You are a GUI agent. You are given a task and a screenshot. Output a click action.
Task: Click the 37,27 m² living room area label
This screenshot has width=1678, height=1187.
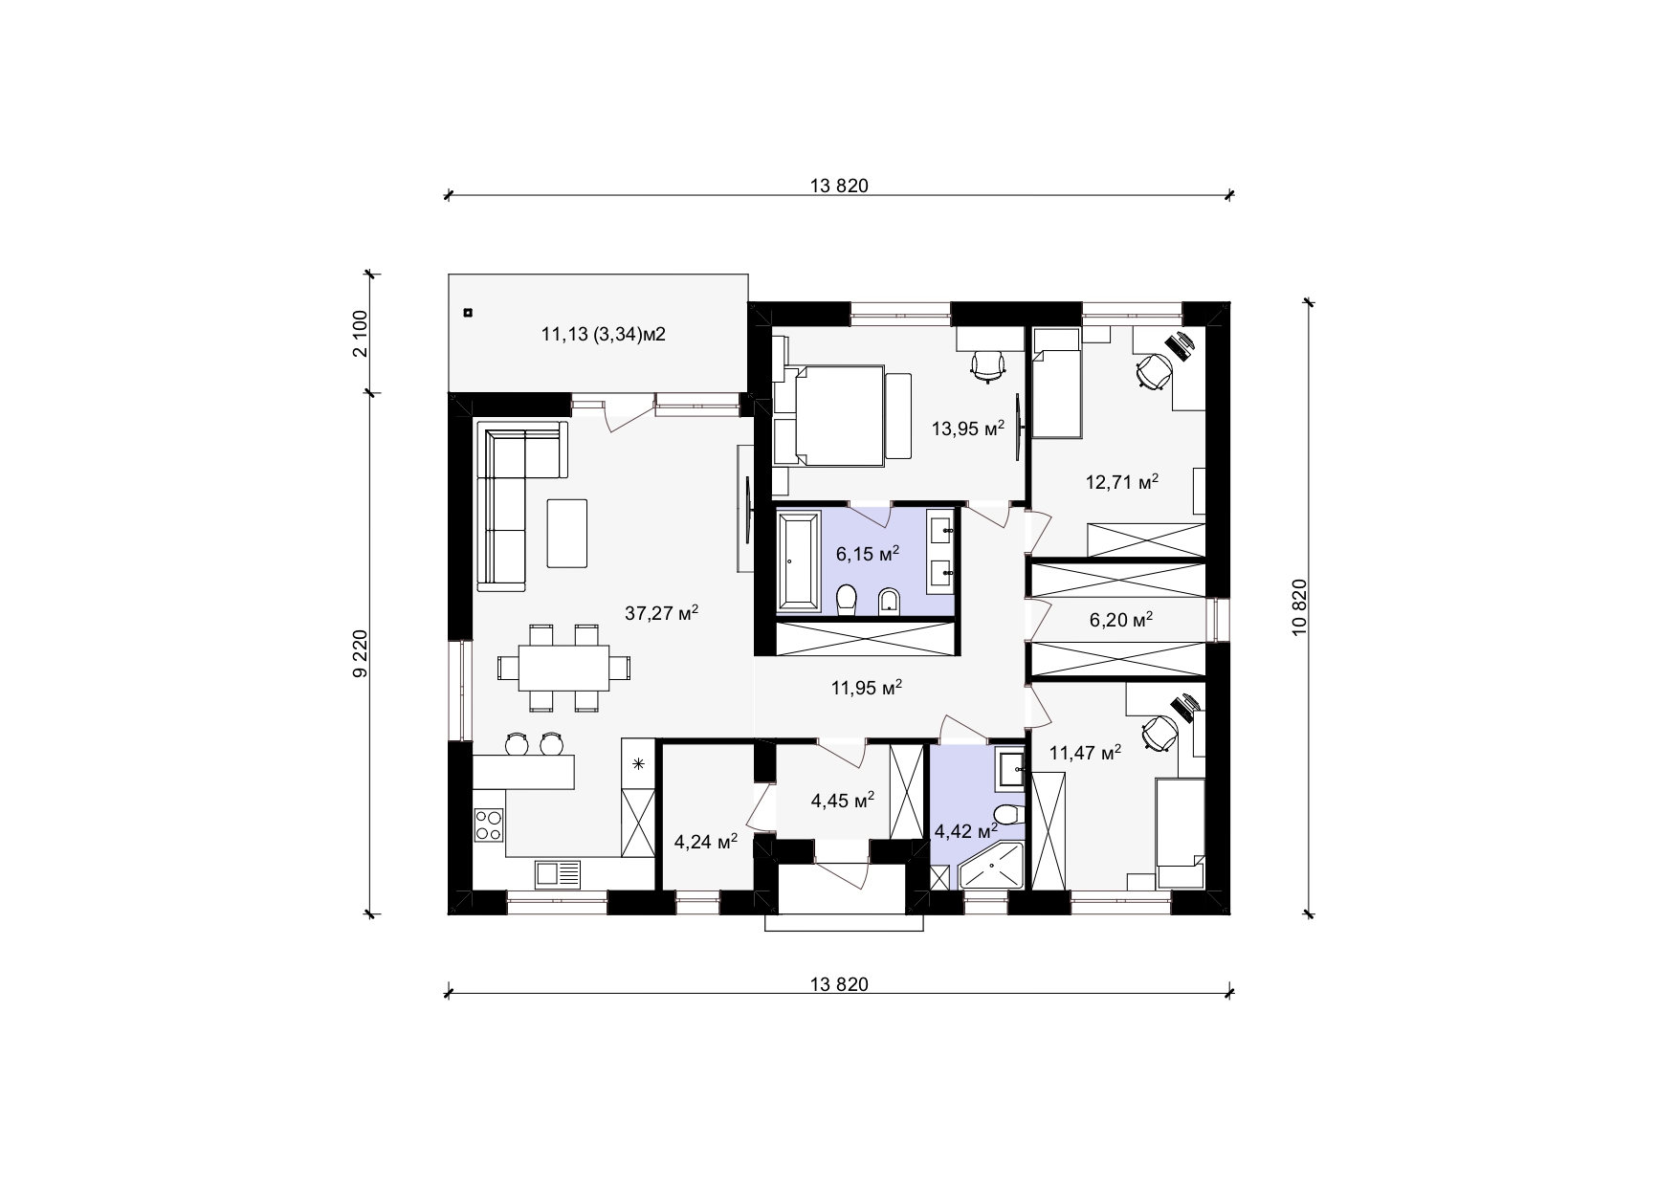coord(661,613)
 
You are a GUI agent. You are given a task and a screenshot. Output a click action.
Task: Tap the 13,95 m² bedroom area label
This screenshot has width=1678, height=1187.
coord(968,428)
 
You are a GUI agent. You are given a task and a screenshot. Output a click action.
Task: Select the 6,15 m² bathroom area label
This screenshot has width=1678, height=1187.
coord(868,554)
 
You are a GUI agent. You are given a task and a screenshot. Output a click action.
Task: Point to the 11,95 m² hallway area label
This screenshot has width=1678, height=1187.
coord(868,687)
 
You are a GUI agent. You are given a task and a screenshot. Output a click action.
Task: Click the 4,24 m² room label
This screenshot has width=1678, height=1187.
coord(706,842)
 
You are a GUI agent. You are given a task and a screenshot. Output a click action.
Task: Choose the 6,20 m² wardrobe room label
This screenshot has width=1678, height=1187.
coord(1121,621)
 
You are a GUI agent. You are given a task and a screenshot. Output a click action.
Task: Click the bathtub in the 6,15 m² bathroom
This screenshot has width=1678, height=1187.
coord(799,561)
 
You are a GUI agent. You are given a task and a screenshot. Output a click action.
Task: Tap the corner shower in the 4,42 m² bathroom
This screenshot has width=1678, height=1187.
coord(991,866)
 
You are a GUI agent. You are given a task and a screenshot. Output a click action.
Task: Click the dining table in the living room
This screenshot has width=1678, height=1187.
coord(564,668)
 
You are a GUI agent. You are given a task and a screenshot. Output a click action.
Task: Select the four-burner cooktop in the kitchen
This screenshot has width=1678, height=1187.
coord(490,825)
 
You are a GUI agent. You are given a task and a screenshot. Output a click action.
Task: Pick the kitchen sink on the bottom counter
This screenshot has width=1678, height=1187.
coord(558,873)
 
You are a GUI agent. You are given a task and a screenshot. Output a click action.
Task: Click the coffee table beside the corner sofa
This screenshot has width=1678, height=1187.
coord(568,532)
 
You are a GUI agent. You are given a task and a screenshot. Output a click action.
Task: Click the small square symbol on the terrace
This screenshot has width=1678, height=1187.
coord(468,312)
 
